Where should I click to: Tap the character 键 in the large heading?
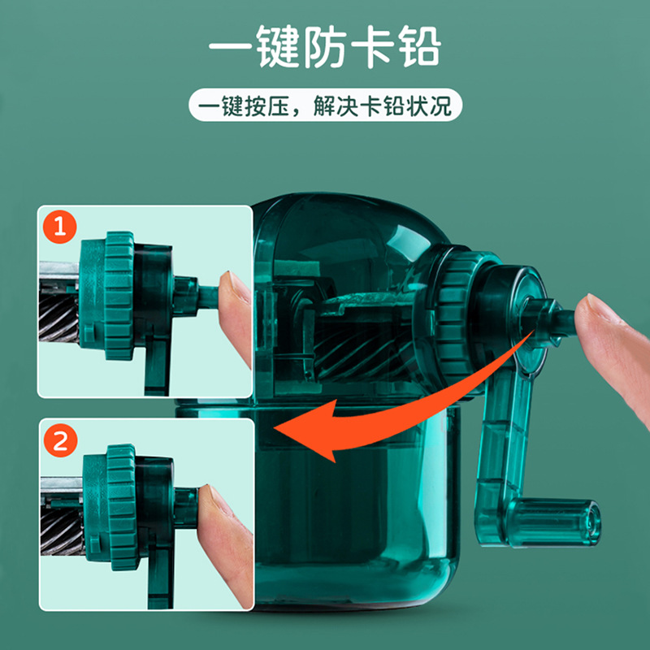(283, 49)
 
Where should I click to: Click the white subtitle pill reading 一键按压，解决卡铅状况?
(325, 106)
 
